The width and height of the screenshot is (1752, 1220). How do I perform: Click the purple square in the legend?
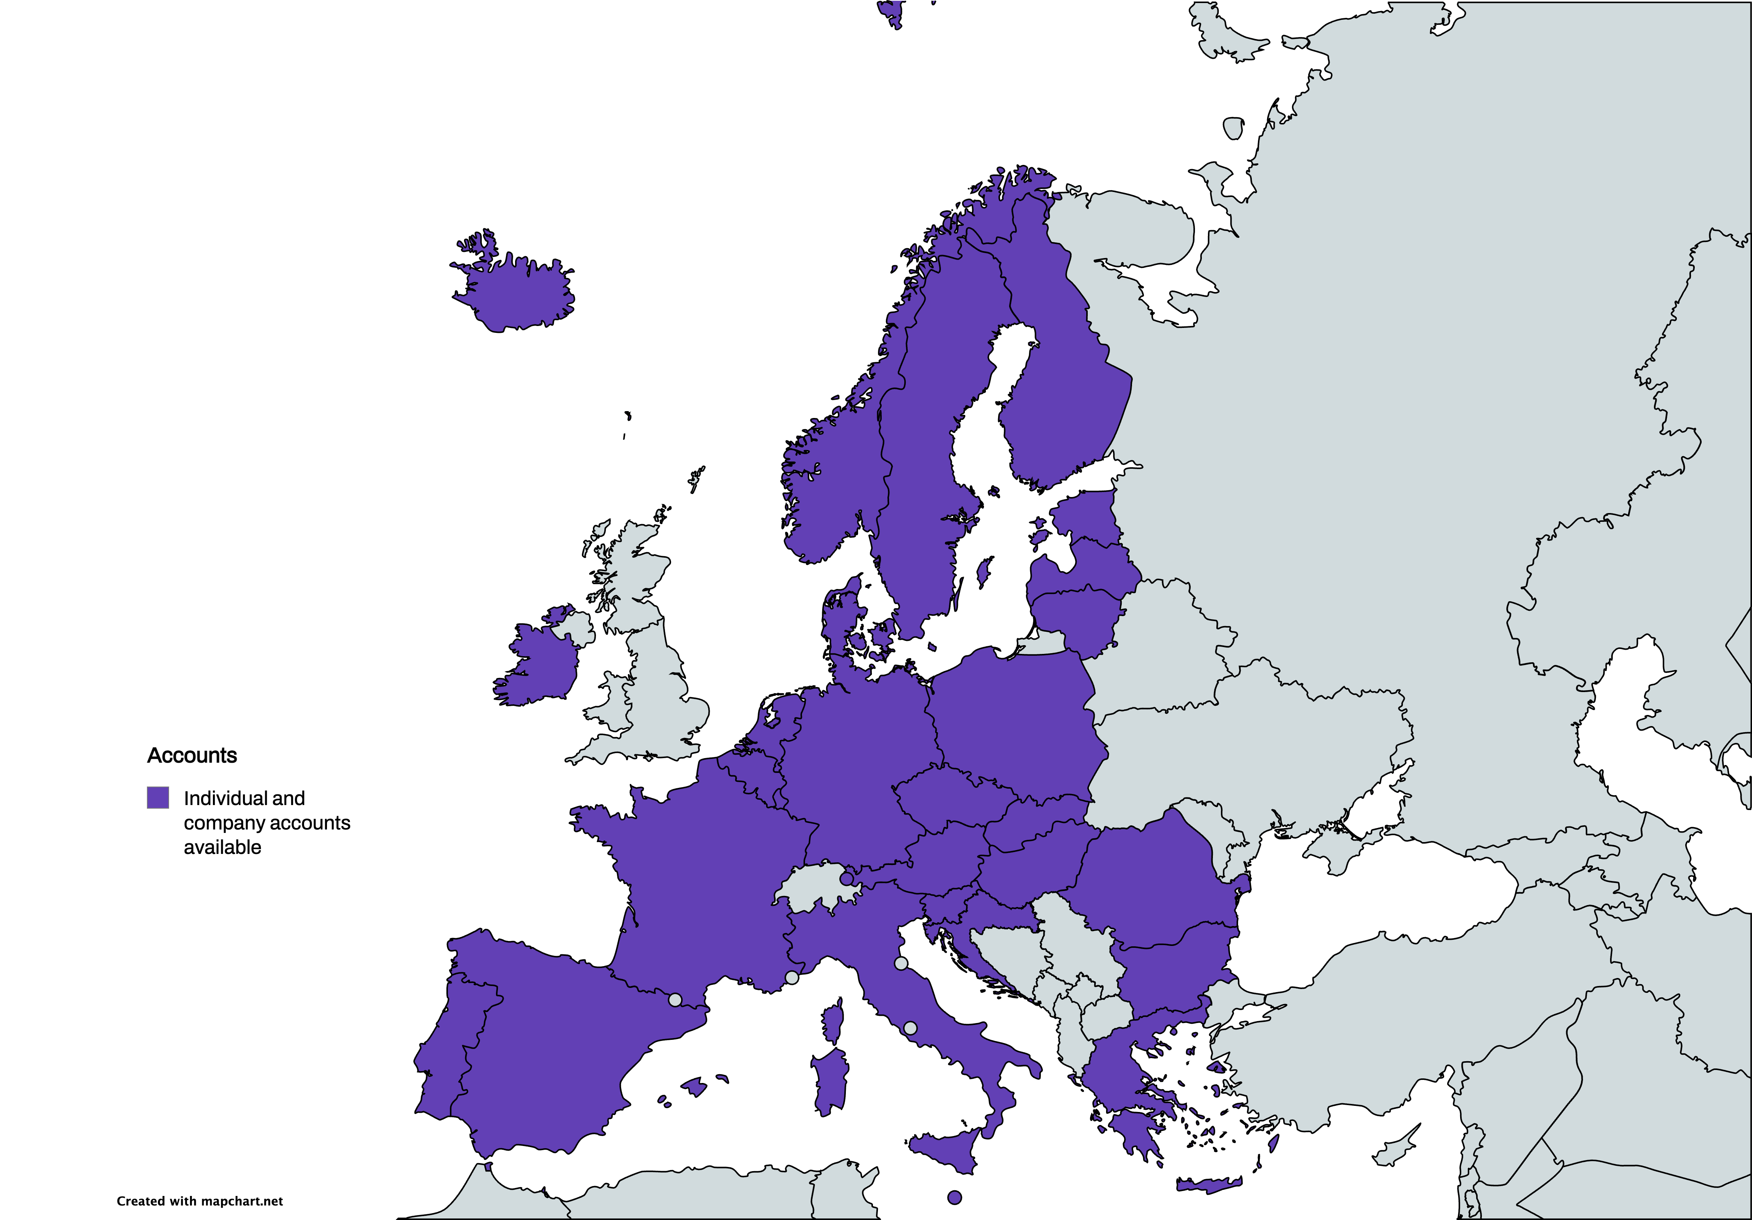[x=158, y=798]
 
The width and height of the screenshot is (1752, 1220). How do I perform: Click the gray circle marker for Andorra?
[x=675, y=999]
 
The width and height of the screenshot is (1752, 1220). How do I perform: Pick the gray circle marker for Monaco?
[x=792, y=977]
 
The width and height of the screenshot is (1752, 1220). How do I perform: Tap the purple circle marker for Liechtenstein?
[x=846, y=879]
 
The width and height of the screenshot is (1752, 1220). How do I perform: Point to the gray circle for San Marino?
[x=901, y=963]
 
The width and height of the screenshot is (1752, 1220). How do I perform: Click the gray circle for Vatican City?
[x=910, y=1028]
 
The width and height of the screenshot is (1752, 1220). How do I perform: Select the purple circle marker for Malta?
[x=954, y=1197]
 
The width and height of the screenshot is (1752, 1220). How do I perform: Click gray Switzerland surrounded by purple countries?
[x=809, y=889]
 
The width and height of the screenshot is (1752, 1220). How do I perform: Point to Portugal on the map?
[x=443, y=1054]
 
